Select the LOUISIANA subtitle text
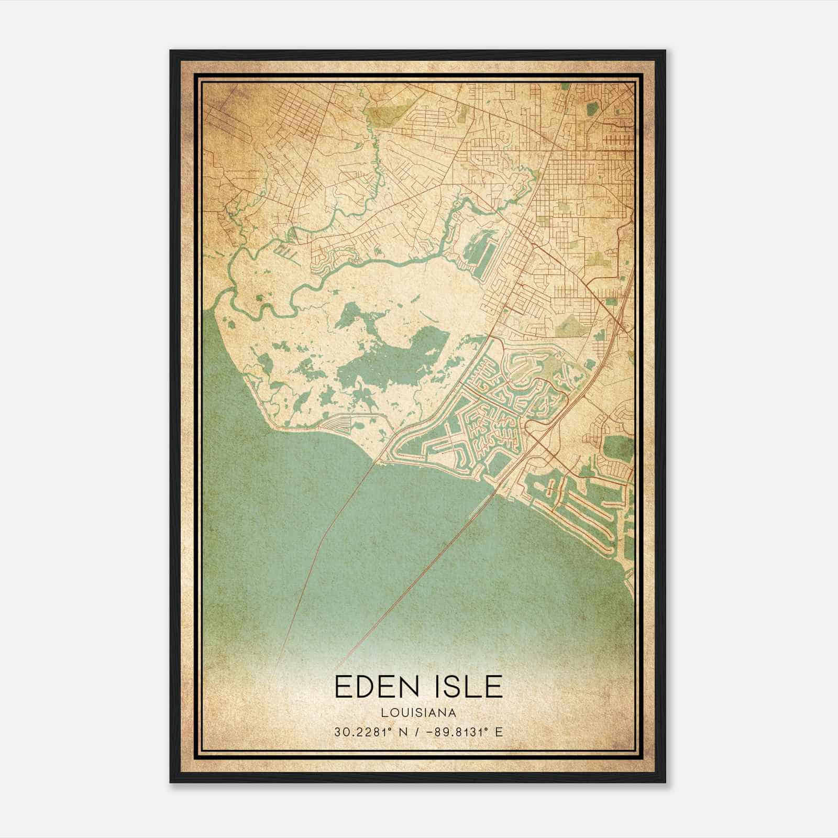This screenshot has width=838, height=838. (x=418, y=713)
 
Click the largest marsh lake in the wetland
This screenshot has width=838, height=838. (x=398, y=356)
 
